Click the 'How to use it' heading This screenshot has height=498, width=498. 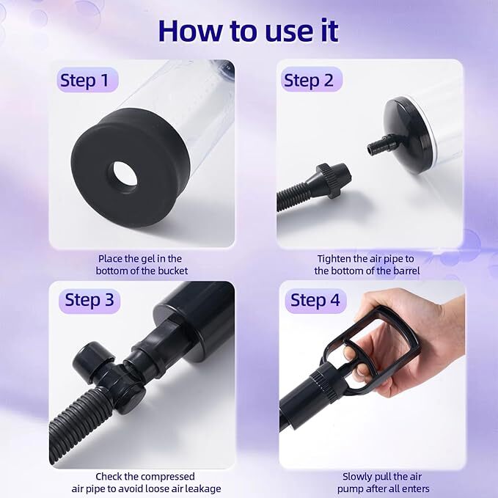[249, 31]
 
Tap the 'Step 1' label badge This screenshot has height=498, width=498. [88, 80]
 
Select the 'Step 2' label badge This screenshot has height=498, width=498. [311, 80]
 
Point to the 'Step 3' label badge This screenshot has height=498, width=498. [89, 300]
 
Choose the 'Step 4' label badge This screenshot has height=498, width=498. [315, 300]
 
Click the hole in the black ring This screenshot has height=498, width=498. [125, 176]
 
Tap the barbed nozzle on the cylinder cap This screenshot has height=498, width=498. [382, 144]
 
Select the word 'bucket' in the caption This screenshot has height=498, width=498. [173, 271]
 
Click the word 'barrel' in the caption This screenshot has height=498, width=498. [406, 271]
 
